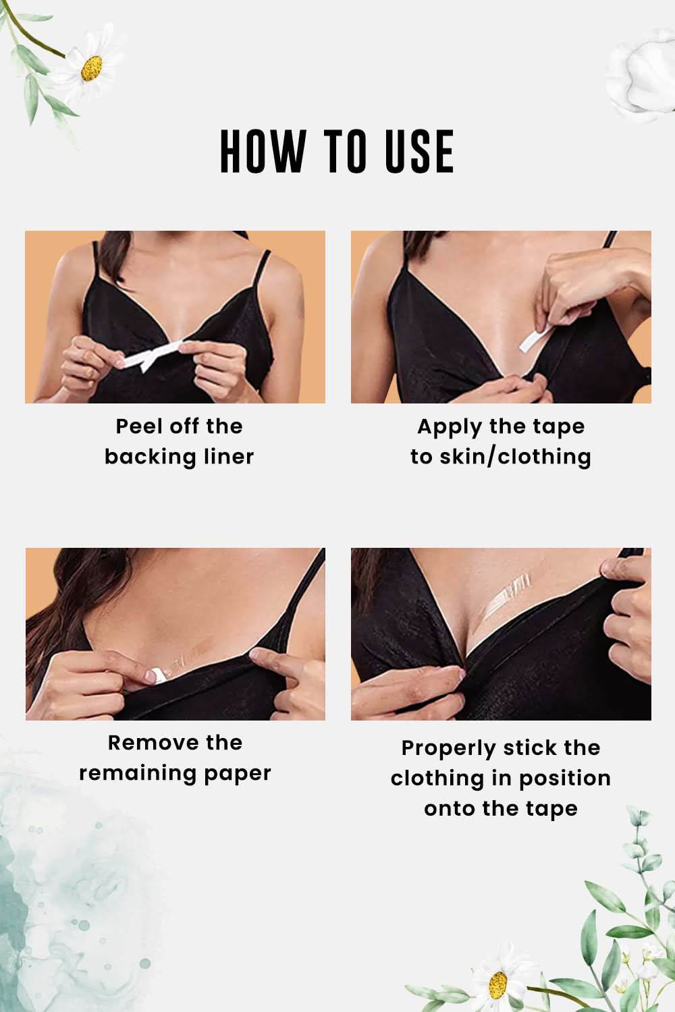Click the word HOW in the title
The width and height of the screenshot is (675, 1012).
(263, 151)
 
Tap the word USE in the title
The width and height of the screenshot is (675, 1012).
(419, 151)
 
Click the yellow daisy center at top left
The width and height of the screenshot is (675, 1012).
(91, 68)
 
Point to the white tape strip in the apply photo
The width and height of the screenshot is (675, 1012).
(536, 337)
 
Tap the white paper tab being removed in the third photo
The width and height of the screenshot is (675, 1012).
(158, 675)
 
